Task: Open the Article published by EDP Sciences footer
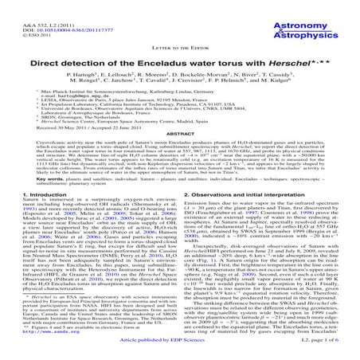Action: tap(181, 349)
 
